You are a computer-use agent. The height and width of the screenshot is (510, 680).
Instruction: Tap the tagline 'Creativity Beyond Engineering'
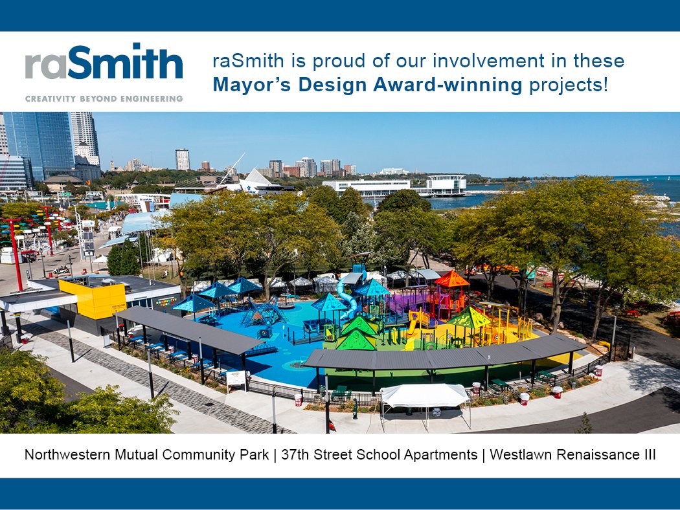click(104, 99)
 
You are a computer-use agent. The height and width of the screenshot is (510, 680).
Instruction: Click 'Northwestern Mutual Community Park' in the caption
click(146, 455)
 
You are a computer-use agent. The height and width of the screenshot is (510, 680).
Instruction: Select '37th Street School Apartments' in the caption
click(378, 455)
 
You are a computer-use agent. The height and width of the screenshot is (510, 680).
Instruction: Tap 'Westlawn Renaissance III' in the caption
click(572, 455)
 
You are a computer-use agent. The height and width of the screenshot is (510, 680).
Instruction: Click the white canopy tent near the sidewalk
click(424, 395)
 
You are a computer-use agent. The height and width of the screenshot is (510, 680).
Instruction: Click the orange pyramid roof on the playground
click(451, 280)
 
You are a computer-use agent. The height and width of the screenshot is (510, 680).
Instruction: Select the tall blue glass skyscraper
click(39, 146)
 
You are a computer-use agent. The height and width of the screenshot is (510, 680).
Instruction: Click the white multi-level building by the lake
click(446, 184)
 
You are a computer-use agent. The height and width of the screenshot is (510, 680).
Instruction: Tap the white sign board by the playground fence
click(236, 379)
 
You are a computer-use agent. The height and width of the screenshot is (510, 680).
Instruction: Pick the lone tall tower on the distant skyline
click(183, 159)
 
